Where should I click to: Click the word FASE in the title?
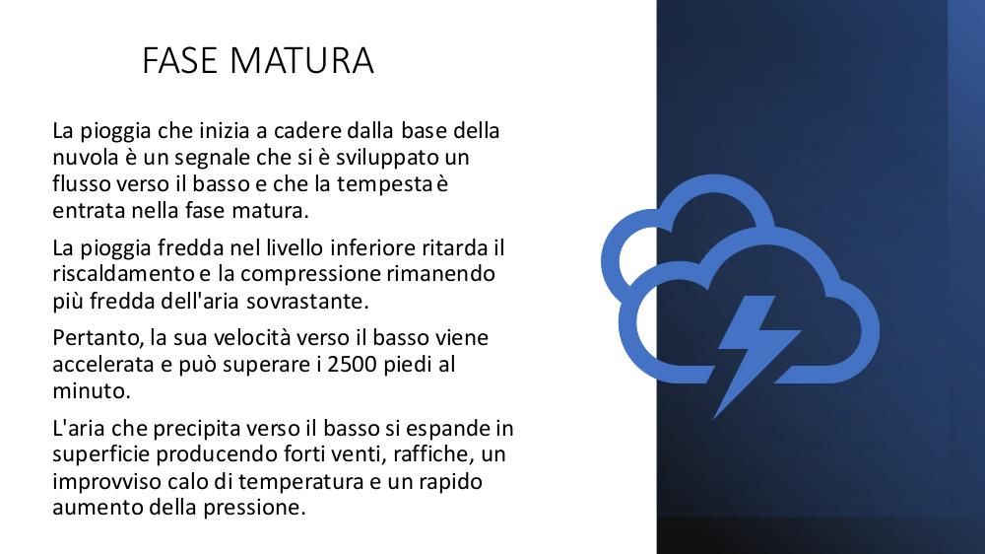(179, 60)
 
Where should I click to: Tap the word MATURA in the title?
(301, 60)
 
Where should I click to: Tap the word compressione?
(310, 275)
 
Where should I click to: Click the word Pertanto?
(98, 338)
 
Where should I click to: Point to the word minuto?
(90, 391)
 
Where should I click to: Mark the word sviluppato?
(387, 158)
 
